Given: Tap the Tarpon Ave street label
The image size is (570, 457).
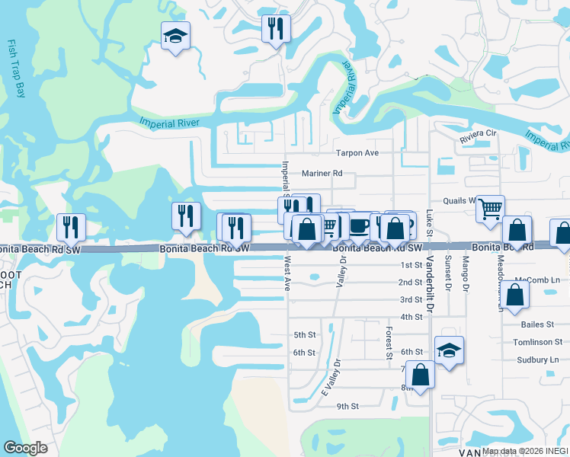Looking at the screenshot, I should coord(358,153).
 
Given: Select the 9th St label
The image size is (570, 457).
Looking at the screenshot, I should coord(347,407).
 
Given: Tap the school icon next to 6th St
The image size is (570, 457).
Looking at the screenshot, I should coord(450,350).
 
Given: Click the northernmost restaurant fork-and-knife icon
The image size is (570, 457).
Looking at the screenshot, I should coord(274,29).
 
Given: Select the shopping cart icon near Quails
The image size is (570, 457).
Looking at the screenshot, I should coord(491,206).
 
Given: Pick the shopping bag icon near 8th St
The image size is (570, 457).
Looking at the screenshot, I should coord(420,374).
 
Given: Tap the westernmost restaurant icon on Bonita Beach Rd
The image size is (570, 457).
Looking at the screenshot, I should coord(71,226).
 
